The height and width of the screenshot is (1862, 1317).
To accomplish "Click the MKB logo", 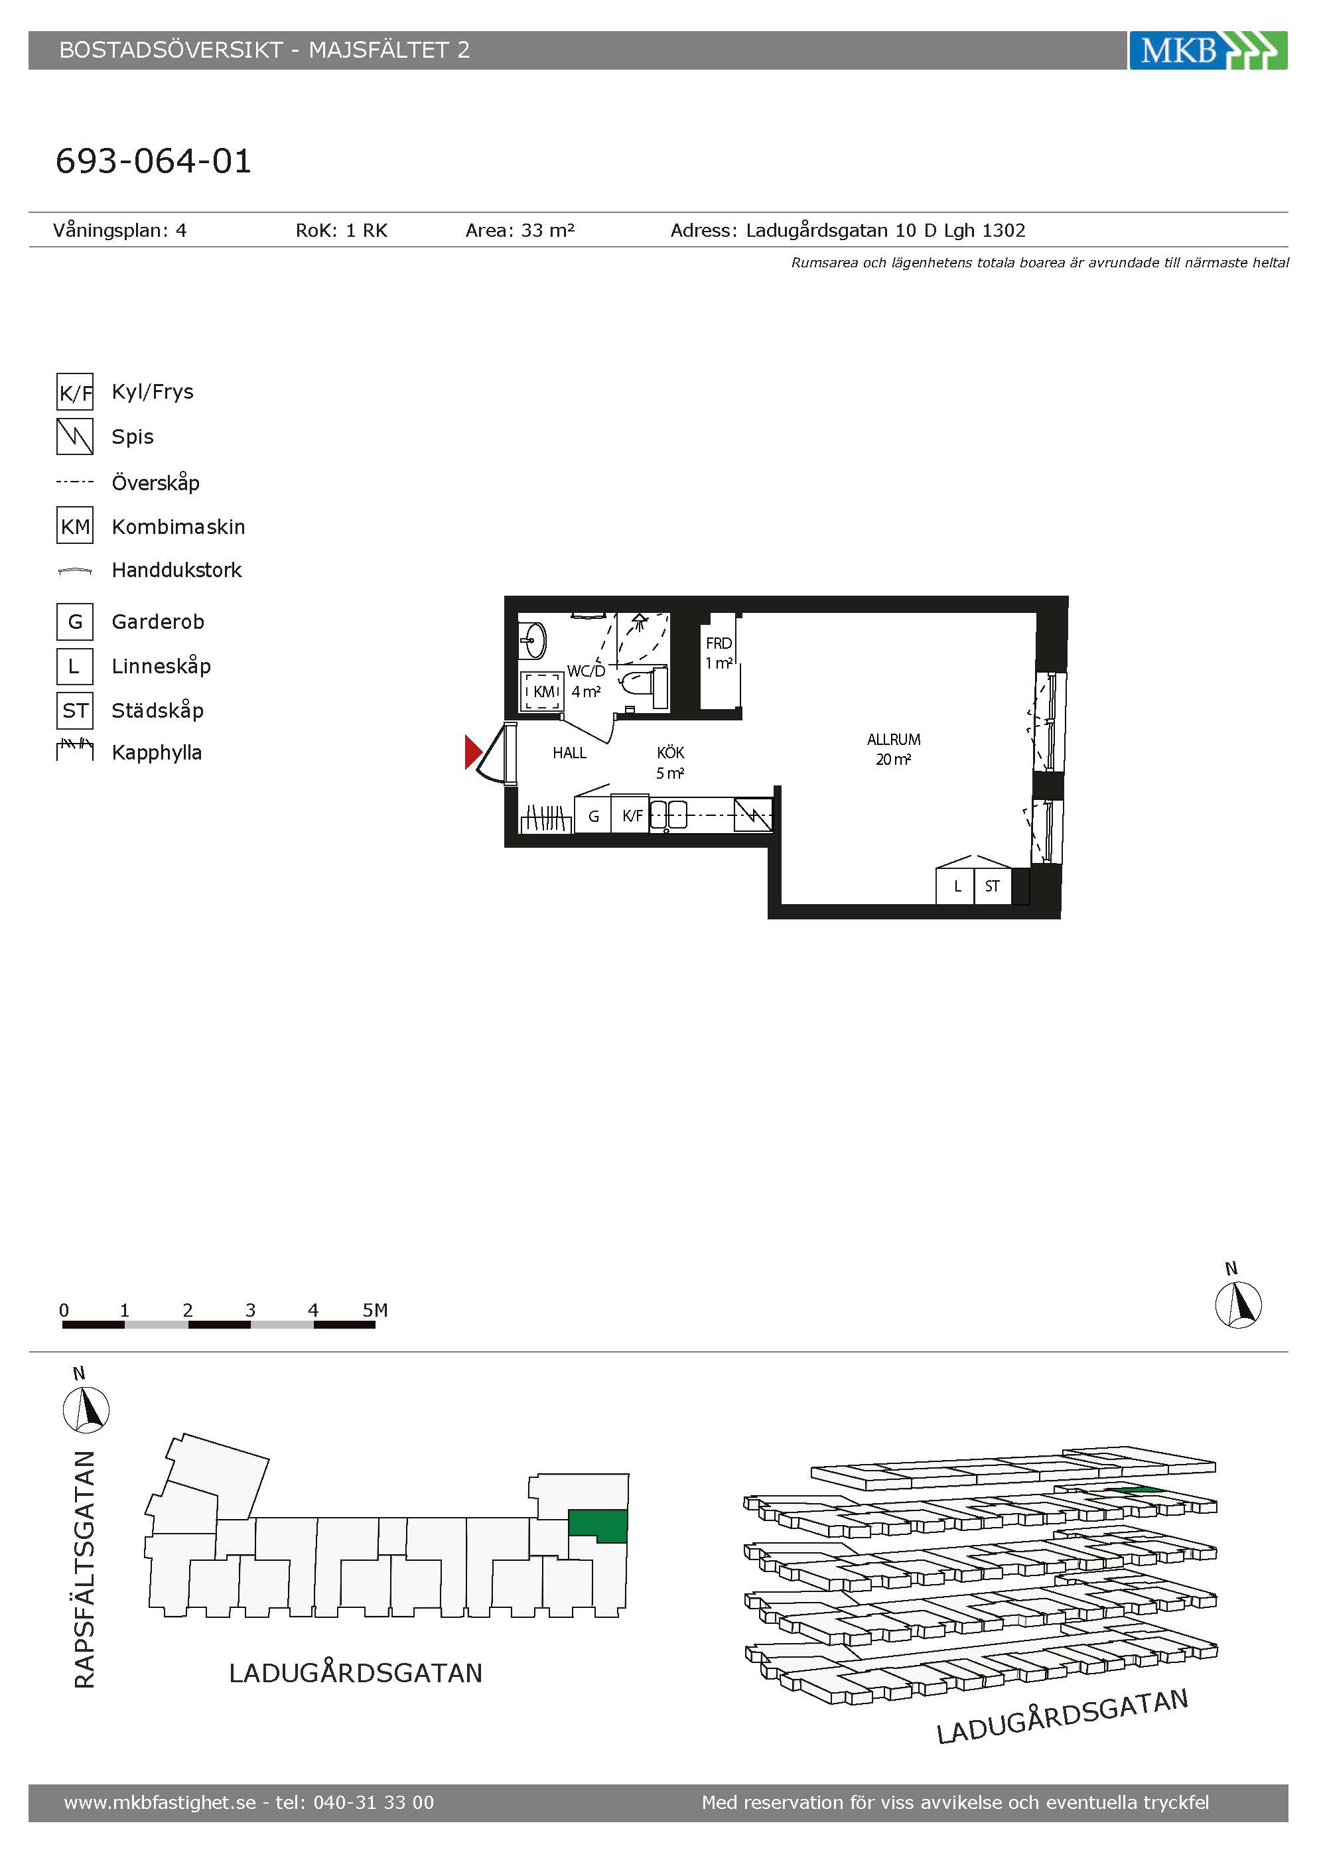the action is pyautogui.click(x=1208, y=50).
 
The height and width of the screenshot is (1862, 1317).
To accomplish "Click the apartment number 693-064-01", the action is pyautogui.click(x=153, y=161).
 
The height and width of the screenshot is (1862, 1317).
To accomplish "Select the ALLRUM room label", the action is pyautogui.click(x=894, y=740).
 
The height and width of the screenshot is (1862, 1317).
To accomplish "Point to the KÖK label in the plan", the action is pyautogui.click(x=671, y=753).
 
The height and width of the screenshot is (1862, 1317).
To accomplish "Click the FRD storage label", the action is pyautogui.click(x=719, y=643).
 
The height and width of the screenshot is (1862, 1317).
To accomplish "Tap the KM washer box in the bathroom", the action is pyautogui.click(x=541, y=691).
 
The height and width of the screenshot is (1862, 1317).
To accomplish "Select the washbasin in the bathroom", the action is pyautogui.click(x=533, y=640).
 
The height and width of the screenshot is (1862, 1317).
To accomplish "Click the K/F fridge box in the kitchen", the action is pyautogui.click(x=632, y=816).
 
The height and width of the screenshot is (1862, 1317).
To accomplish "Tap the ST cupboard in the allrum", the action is pyautogui.click(x=992, y=886).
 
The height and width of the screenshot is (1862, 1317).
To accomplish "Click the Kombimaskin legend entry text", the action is pyautogui.click(x=178, y=527).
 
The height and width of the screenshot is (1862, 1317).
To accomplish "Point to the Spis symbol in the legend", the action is pyautogui.click(x=74, y=436).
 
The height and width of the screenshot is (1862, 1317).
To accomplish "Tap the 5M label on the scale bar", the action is pyautogui.click(x=375, y=1311).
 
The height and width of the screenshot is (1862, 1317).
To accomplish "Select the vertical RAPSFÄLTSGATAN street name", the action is pyautogui.click(x=84, y=1570).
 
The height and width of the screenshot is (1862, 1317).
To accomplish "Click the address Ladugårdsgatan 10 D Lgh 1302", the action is pyautogui.click(x=886, y=231).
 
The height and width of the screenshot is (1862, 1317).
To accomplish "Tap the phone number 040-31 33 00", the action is pyautogui.click(x=374, y=1802).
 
